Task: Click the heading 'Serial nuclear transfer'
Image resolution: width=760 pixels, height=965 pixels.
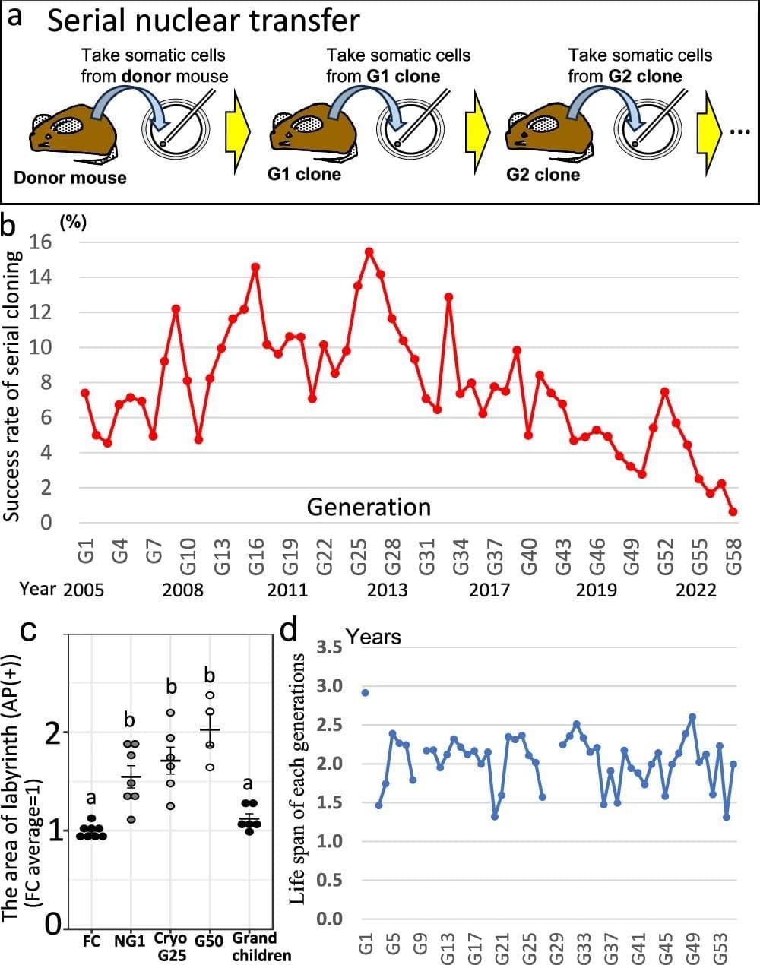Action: pos(203,21)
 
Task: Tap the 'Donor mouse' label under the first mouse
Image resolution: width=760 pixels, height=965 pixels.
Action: pos(70,178)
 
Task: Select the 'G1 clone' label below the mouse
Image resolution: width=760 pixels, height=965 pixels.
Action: pos(304,174)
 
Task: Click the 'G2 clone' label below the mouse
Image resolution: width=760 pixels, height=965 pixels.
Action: pos(543,175)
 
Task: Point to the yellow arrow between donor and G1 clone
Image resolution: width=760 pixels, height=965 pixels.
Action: pos(238,132)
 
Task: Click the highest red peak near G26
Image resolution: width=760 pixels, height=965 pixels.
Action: pos(369,252)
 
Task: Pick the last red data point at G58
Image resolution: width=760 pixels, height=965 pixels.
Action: pos(733,511)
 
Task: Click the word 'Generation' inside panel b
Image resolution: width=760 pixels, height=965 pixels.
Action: pos(369,507)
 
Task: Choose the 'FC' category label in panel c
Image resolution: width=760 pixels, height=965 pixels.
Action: pos(91,941)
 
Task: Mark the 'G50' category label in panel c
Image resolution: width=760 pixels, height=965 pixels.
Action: pos(209,941)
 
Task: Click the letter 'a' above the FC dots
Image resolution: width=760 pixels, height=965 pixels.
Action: pos(91,798)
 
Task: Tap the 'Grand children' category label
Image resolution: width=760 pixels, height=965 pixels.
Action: pos(254,947)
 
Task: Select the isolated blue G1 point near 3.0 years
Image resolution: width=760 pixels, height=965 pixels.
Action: pos(366,692)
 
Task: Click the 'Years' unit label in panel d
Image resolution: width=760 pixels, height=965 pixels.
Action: pos(373,636)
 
